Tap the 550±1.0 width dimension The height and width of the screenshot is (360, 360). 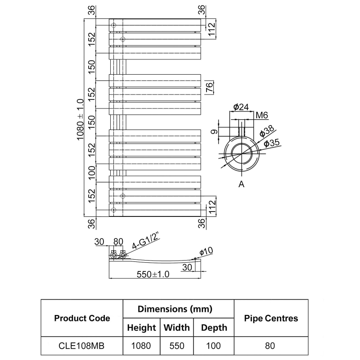click(153, 275)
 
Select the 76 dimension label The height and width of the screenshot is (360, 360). click(209, 87)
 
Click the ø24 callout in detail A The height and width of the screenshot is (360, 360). click(241, 107)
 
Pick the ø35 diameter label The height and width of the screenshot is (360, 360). click(272, 143)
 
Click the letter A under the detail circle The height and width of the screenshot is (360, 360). click(241, 184)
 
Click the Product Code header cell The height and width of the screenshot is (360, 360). click(82, 318)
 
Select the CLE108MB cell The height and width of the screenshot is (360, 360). click(82, 346)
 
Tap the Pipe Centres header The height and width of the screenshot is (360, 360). click(271, 318)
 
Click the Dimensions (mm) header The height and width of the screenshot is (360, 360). click(179, 309)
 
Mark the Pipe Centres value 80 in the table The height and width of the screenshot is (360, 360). click(271, 346)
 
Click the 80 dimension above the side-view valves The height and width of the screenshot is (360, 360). click(118, 242)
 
